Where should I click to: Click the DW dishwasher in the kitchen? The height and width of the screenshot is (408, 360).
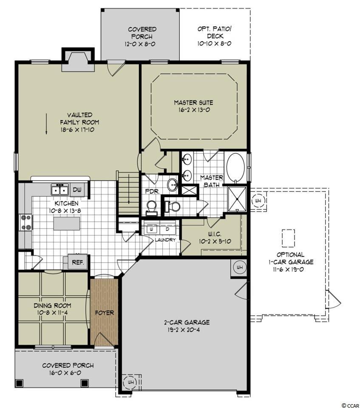[77, 190]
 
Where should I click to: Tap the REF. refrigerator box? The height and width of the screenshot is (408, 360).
[78, 262]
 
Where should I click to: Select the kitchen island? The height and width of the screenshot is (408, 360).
[67, 224]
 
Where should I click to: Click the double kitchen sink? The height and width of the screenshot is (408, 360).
[60, 190]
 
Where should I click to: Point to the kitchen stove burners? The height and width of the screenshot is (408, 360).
[26, 222]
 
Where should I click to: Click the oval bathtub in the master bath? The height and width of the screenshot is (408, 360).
[235, 167]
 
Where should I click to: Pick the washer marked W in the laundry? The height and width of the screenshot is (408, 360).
[151, 229]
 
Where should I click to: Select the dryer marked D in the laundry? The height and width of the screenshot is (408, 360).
[167, 229]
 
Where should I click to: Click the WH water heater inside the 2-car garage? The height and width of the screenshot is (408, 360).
[239, 267]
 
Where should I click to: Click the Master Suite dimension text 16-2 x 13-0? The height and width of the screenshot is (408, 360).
[194, 110]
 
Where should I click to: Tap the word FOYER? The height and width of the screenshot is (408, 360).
[105, 313]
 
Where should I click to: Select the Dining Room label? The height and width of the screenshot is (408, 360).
[53, 306]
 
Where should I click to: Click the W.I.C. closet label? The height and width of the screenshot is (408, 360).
[215, 234]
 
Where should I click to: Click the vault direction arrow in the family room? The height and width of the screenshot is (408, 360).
[46, 124]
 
